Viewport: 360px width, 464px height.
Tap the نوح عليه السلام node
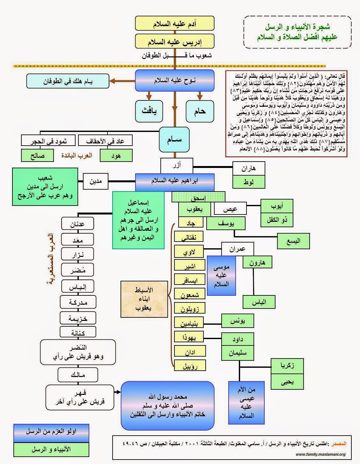[x=174, y=80]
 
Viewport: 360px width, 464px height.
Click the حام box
[x=200, y=111]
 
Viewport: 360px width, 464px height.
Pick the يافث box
[x=149, y=111]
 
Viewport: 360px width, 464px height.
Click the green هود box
[x=116, y=156]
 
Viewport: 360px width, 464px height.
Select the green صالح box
[x=37, y=156]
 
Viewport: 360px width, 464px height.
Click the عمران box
[x=238, y=249]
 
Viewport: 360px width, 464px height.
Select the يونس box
[x=238, y=322]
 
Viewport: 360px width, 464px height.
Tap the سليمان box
[x=238, y=353]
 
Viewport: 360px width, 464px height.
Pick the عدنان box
[x=78, y=224]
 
